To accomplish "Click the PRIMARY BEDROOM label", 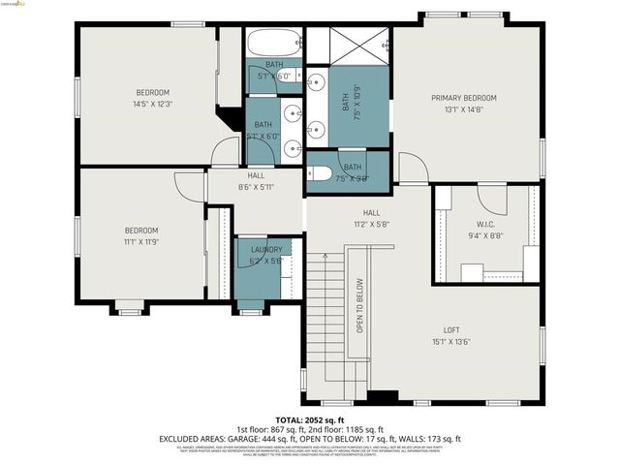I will pyautogui.click(x=464, y=98).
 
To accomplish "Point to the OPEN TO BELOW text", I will pyautogui.click(x=359, y=306).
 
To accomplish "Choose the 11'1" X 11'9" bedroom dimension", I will pyautogui.click(x=140, y=241).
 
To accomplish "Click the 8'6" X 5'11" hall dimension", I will pyautogui.click(x=256, y=188).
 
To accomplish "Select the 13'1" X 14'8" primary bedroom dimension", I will pyautogui.click(x=464, y=109).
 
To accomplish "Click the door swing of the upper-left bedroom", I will pyautogui.click(x=227, y=152).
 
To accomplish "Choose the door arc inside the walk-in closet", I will pyautogui.click(x=494, y=201).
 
